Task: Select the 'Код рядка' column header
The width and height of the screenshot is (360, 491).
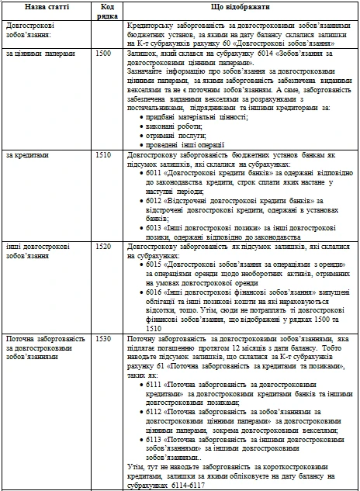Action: (108, 11)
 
